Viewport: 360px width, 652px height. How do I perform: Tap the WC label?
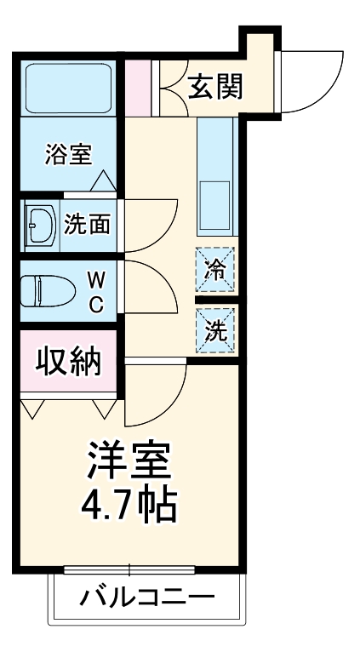click(x=96, y=291)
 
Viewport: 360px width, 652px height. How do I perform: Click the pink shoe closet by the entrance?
click(x=137, y=88)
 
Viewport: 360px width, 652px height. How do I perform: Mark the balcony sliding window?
click(x=129, y=569)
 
